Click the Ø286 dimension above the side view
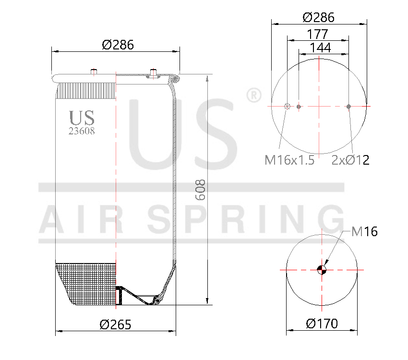[x=118, y=45]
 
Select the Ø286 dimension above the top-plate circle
[x=318, y=17]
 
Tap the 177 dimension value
[x=318, y=34]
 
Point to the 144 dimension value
[x=320, y=48]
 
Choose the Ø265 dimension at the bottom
[x=115, y=324]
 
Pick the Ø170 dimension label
[x=322, y=324]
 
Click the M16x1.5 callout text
[x=289, y=160]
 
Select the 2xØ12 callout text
[x=350, y=160]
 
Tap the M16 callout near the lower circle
[x=364, y=232]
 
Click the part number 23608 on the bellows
[x=82, y=131]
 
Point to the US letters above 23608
[x=82, y=118]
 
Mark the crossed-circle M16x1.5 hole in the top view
[x=288, y=107]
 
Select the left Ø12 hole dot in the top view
[x=299, y=107]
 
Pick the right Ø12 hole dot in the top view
[x=349, y=107]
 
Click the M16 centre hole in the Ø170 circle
[x=322, y=269]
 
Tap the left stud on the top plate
[x=94, y=72]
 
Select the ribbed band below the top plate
[x=86, y=90]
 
